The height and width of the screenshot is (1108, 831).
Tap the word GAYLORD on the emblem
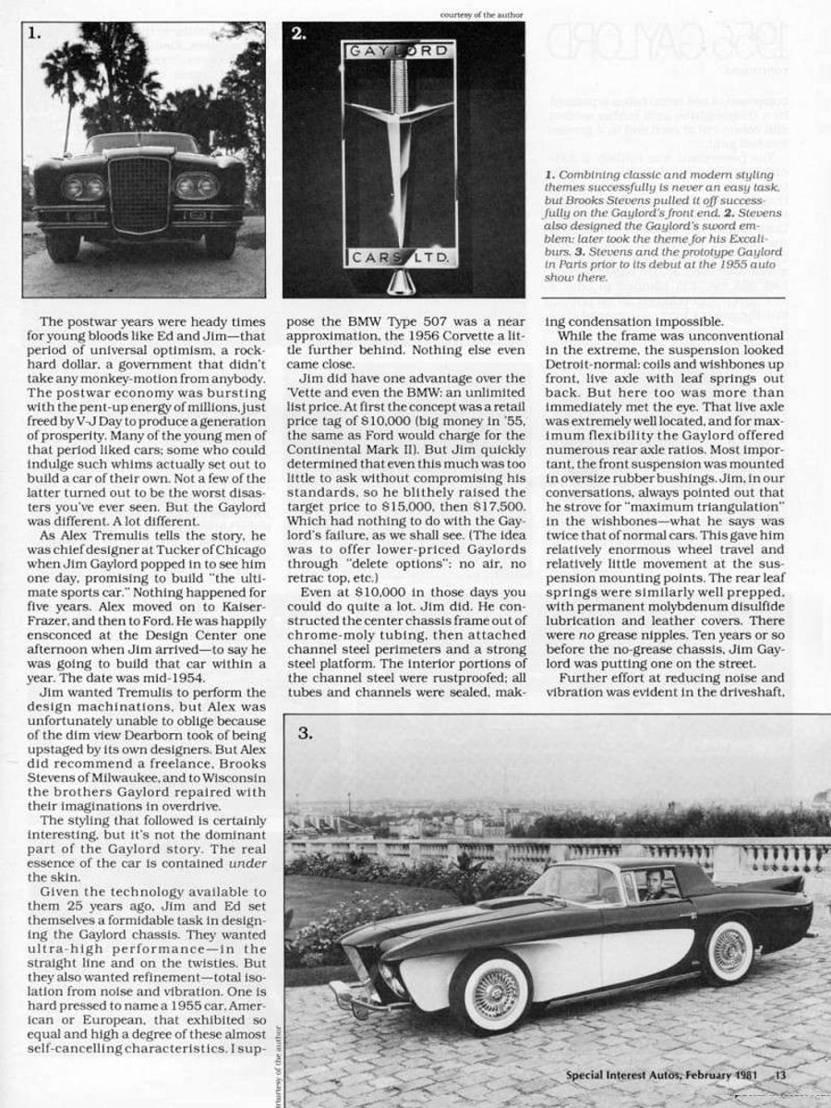[399, 52]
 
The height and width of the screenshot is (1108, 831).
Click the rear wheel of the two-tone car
[729, 950]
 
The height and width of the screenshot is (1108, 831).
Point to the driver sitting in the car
[656, 884]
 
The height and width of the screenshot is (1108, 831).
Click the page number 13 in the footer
[780, 1074]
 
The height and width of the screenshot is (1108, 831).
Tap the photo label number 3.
[306, 734]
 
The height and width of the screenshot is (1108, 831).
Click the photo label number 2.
[298, 34]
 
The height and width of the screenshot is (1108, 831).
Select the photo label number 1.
[34, 33]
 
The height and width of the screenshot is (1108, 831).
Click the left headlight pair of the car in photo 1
[83, 187]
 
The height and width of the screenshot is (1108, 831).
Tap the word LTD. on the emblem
[429, 256]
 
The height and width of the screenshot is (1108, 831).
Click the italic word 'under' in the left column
[248, 863]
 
